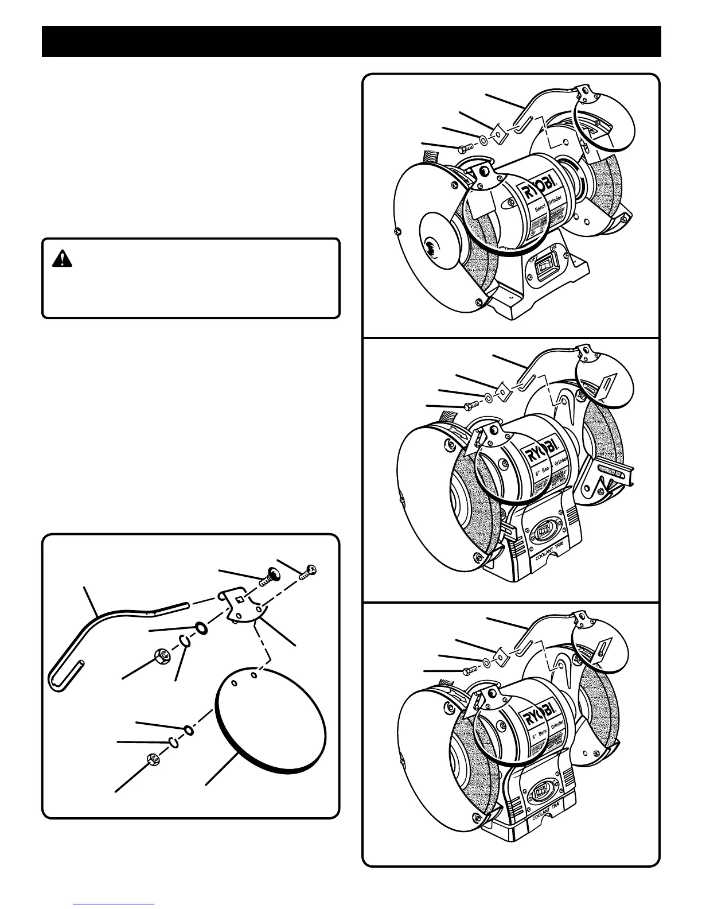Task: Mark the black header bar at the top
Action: [x=351, y=41]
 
